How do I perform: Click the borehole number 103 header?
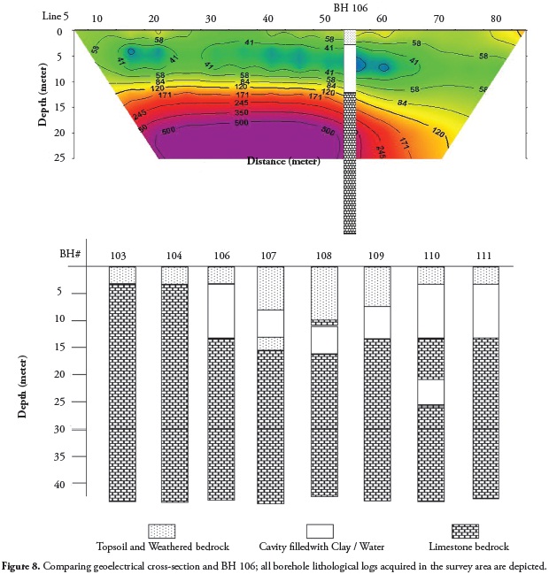(x=121, y=255)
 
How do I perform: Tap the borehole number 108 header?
(x=324, y=255)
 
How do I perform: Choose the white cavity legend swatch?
(x=320, y=531)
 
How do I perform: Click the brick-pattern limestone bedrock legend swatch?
(x=465, y=531)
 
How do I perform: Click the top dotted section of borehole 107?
(x=270, y=288)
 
